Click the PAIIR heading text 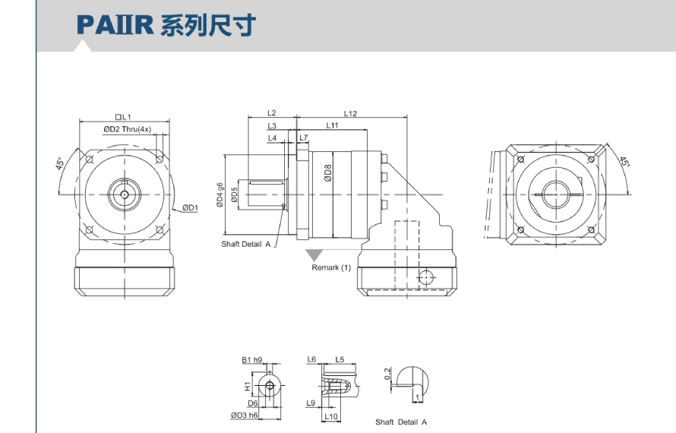tap(166, 25)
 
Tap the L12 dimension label tap(350, 113)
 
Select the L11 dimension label tap(333, 125)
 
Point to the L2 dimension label tap(272, 113)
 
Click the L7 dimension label tap(304, 137)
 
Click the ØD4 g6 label tap(220, 194)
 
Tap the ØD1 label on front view tap(189, 207)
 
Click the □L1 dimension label tap(124, 117)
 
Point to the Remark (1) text tap(331, 267)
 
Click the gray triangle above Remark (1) tap(313, 254)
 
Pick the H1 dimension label tap(248, 386)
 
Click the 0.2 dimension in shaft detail tap(387, 373)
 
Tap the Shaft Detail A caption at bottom tap(401, 422)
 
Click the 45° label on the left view tap(59, 164)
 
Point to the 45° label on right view tap(624, 162)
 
